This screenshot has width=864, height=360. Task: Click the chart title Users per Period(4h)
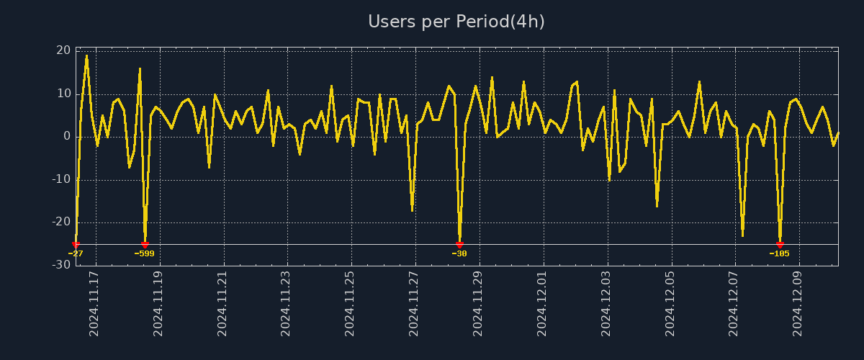tap(456, 22)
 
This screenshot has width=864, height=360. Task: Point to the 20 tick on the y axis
tap(63, 50)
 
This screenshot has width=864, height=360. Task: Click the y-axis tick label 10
tap(63, 94)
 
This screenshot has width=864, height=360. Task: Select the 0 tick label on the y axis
tap(66, 136)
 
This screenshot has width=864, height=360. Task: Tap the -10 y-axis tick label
tap(60, 179)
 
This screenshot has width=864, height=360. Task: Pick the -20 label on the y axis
tap(60, 222)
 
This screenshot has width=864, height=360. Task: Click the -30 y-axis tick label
tap(60, 265)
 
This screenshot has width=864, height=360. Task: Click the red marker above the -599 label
tap(145, 245)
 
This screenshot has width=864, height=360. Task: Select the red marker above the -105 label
tap(780, 245)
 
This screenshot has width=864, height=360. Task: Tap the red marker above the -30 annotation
tap(459, 245)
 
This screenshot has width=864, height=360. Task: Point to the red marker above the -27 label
tap(76, 245)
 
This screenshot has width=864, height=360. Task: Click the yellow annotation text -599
tap(145, 253)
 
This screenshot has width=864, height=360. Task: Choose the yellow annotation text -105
tap(780, 253)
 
